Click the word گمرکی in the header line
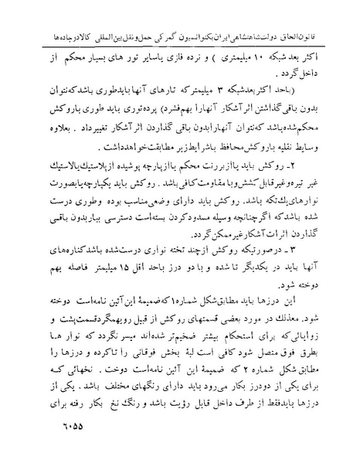[165, 14]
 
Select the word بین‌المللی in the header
[93, 14]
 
